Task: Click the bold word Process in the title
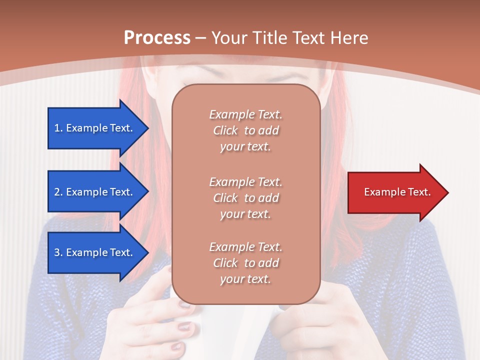[x=157, y=38]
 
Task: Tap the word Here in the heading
[x=349, y=38]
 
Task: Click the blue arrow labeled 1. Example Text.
[x=95, y=128]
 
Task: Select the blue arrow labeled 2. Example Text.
[x=95, y=192]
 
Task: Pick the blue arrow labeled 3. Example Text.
[x=95, y=252]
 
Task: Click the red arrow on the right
[x=395, y=192]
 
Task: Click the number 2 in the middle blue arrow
[x=57, y=192]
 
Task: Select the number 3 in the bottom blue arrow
[x=57, y=252]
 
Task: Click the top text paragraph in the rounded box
[x=245, y=130]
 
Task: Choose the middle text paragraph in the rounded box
[x=245, y=198]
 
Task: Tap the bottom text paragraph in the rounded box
[x=245, y=263]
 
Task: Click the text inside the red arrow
[x=397, y=192]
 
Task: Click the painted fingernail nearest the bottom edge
[x=177, y=345]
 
